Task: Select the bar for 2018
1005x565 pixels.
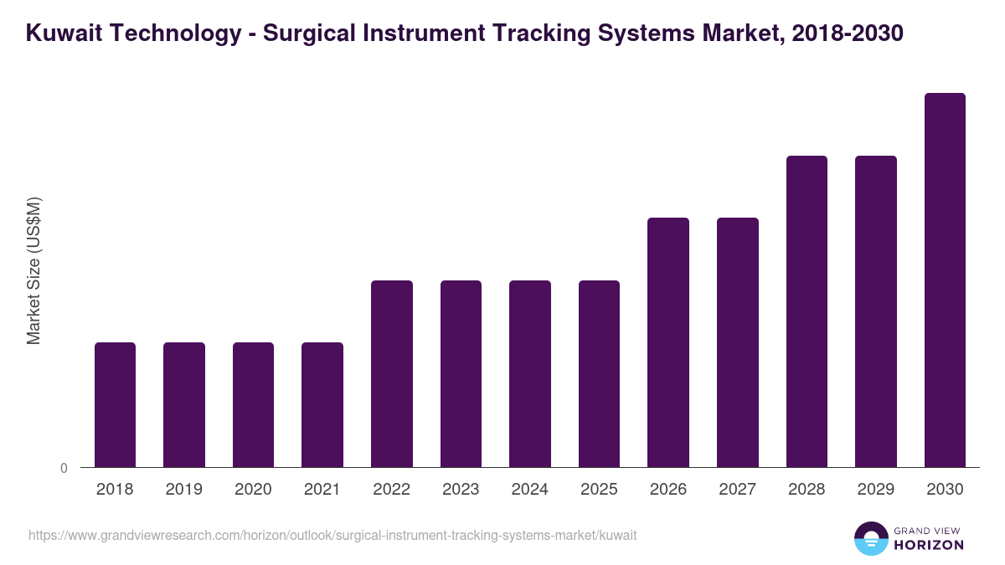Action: (x=115, y=404)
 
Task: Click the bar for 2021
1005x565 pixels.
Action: (x=322, y=404)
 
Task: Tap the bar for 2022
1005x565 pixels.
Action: (x=392, y=373)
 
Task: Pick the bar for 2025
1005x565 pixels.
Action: (x=599, y=373)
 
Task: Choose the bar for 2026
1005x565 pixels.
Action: (x=668, y=342)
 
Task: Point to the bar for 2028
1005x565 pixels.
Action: (x=807, y=311)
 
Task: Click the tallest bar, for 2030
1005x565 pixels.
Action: (x=945, y=280)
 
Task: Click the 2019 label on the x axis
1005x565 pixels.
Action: (x=184, y=490)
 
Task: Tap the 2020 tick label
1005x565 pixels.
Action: (x=253, y=490)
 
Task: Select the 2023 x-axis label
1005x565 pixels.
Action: (x=461, y=490)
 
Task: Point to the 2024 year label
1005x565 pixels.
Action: (x=530, y=490)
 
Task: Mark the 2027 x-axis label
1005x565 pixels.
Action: (x=737, y=490)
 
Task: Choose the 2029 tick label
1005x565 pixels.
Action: (x=875, y=490)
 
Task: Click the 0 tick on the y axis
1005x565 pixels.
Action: (x=64, y=469)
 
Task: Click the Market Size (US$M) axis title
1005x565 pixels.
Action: (x=33, y=271)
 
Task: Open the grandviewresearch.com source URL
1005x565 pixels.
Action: (x=333, y=535)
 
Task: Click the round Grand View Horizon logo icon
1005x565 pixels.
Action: (x=870, y=538)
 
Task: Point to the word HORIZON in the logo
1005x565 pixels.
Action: (x=929, y=545)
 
